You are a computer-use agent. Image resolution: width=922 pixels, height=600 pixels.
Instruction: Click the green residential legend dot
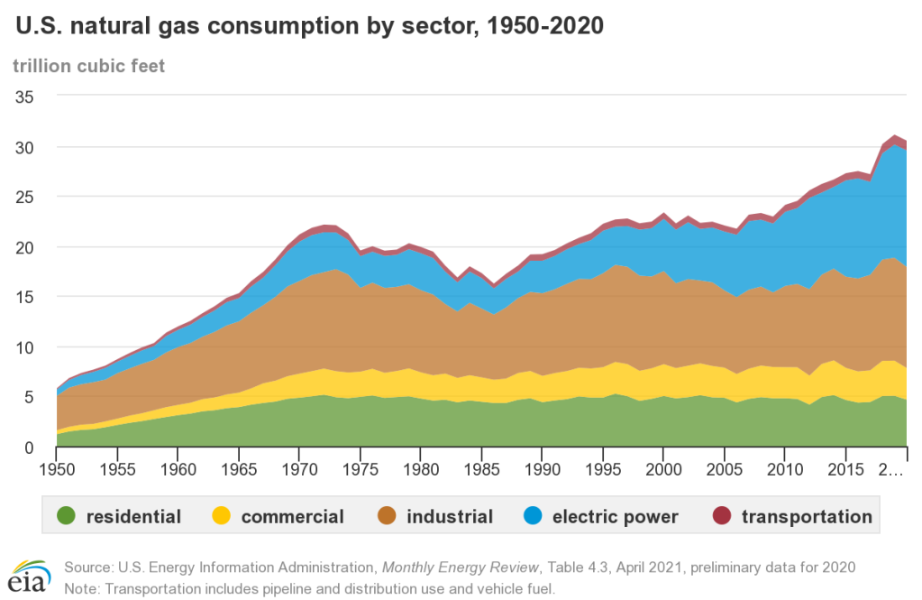click(66, 516)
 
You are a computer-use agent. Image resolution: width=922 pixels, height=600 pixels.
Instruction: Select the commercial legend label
click(292, 517)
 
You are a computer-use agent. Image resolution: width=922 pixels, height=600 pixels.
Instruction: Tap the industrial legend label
click(450, 517)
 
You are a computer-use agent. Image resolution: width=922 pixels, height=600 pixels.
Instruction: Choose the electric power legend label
click(615, 517)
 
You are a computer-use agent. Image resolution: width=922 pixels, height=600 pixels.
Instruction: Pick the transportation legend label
click(807, 517)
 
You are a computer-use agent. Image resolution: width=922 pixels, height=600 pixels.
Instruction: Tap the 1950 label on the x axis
click(58, 471)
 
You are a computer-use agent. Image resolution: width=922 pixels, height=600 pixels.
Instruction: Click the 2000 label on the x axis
click(663, 471)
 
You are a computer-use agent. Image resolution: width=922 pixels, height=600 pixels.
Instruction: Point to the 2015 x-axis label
click(845, 471)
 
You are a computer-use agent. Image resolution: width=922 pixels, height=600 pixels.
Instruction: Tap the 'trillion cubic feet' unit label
click(88, 66)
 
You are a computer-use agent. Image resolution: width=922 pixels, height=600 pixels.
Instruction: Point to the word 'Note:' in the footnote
click(82, 587)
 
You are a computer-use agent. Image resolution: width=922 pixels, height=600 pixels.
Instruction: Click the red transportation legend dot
click(721, 516)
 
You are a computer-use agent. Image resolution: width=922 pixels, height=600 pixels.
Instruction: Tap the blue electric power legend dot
click(532, 516)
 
